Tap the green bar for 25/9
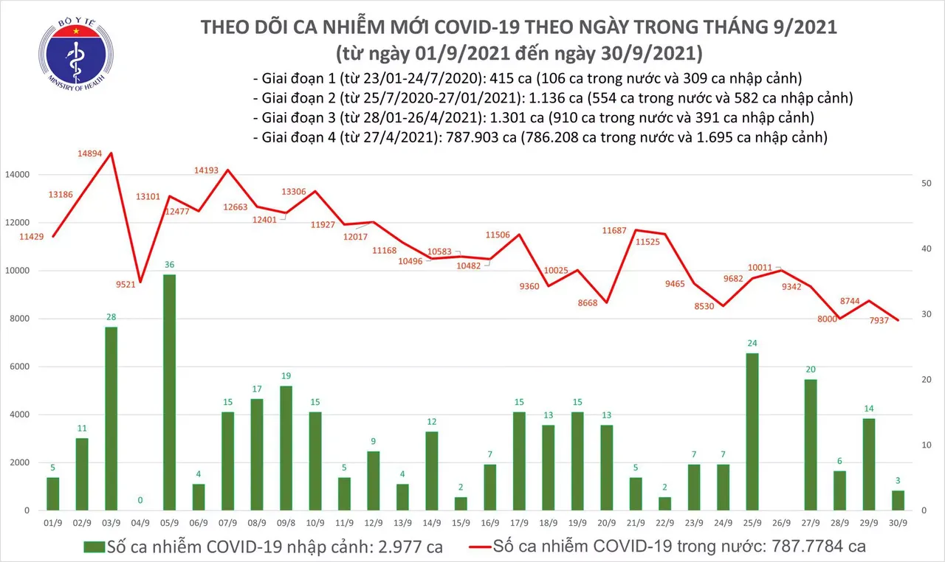click(x=752, y=431)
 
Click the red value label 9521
click(x=121, y=284)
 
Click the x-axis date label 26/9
click(x=781, y=523)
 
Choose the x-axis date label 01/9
click(x=52, y=523)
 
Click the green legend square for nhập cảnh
click(x=94, y=547)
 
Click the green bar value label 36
click(x=170, y=265)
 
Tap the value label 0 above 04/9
click(x=140, y=499)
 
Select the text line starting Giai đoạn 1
click(x=527, y=79)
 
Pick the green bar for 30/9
click(x=898, y=500)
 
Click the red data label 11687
click(x=614, y=231)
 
